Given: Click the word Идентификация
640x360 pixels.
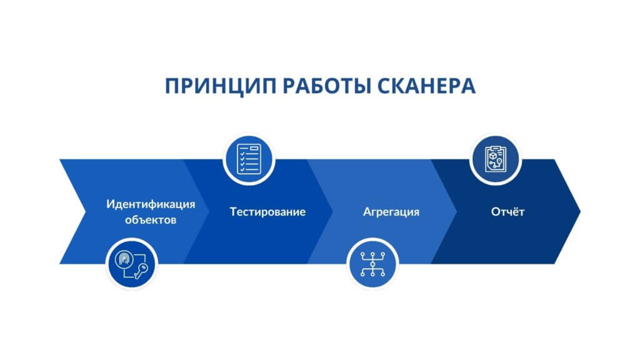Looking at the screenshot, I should point(151,204).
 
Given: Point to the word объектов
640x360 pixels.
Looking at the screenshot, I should point(151,220).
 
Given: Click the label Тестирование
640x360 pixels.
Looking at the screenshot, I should point(267,212).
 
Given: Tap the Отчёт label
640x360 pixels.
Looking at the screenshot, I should point(507,212).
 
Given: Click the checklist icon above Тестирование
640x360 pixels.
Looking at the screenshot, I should point(249,159).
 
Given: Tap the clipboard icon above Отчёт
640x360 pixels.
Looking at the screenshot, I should point(496,159).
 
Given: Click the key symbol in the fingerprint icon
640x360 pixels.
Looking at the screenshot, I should point(141,270).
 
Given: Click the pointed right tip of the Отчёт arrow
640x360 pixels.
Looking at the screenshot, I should point(579,211).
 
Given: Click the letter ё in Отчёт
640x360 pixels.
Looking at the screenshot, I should point(517,212).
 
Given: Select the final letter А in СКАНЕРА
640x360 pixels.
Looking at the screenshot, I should point(468,86).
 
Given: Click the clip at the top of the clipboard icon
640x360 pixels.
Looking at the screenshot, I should point(496,147).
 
